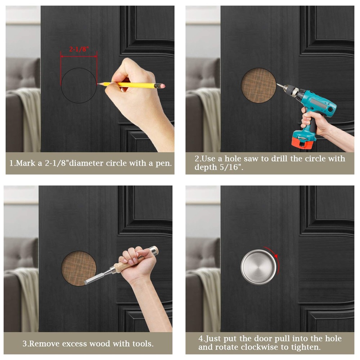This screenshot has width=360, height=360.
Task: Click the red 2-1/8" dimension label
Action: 79,49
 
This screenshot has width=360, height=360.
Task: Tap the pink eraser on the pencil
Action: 163,86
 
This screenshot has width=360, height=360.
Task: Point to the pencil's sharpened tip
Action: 98,84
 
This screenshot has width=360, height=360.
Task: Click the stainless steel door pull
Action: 258,267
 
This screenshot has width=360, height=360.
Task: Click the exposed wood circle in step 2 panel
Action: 258,85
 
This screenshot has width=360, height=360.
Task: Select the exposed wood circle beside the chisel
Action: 78,269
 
